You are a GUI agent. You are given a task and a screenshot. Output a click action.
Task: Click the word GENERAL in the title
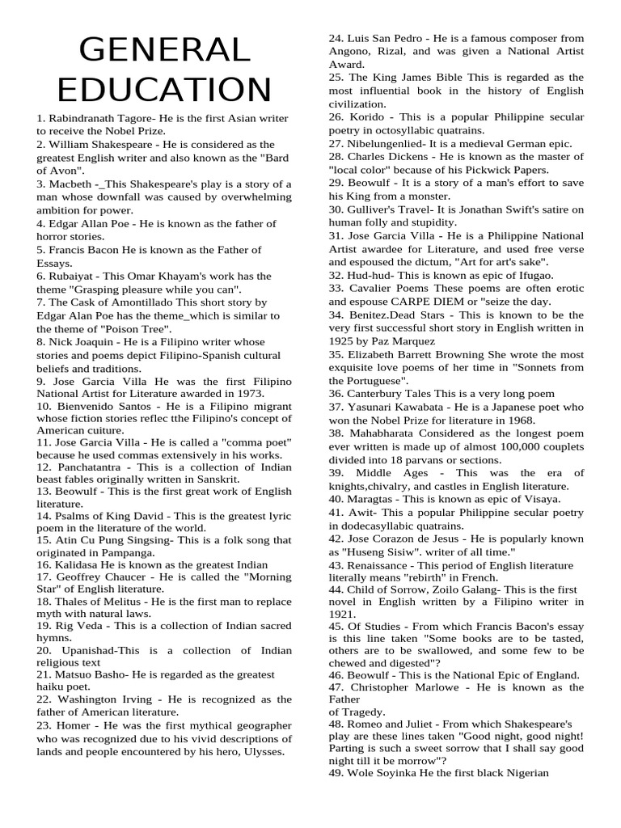point(166,50)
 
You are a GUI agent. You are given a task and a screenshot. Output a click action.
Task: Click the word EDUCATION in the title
point(165,89)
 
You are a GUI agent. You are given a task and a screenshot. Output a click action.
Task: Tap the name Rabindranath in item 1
point(81,118)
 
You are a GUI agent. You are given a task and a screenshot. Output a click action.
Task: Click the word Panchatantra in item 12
point(89,467)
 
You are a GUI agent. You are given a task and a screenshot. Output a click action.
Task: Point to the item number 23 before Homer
point(44,725)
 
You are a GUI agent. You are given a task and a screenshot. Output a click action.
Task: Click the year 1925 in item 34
point(343,340)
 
